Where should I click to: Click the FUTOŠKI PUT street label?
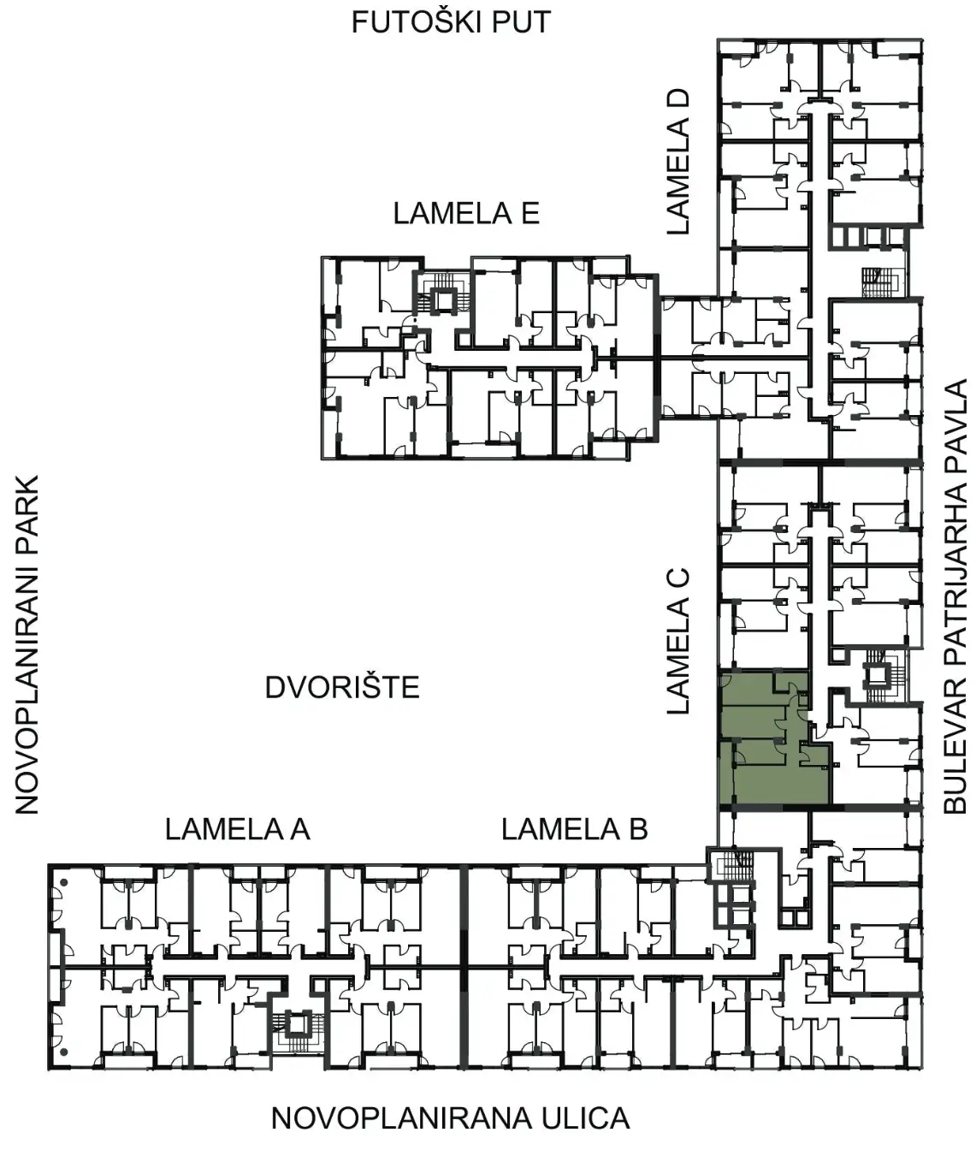(x=451, y=22)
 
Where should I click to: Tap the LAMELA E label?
(x=466, y=213)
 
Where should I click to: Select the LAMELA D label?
(x=678, y=162)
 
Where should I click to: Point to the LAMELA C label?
(x=678, y=640)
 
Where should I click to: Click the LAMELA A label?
(x=238, y=829)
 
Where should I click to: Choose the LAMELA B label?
(x=575, y=829)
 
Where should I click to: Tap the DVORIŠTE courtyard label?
(x=342, y=688)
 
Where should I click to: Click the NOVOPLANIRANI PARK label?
(x=27, y=644)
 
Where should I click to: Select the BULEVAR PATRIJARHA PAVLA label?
(x=955, y=596)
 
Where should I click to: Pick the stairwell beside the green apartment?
(x=878, y=675)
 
